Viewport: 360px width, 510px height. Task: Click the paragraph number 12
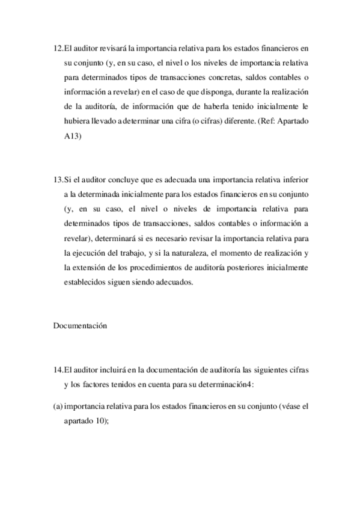[x=58, y=48]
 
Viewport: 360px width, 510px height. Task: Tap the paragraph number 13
[x=58, y=180]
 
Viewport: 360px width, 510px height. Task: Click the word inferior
[x=294, y=180]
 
